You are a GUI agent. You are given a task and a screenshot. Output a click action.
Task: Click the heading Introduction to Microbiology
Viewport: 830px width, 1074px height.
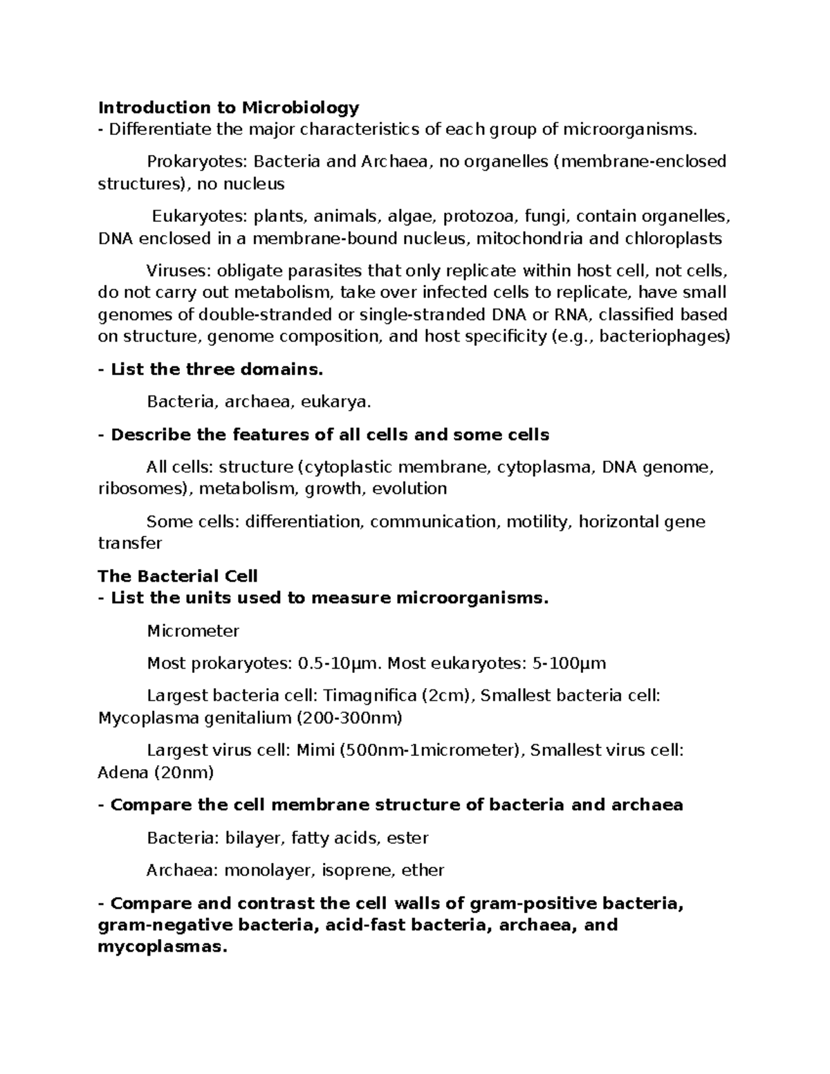(x=228, y=107)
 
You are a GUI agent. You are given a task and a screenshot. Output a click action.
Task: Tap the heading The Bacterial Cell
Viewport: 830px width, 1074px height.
(x=178, y=576)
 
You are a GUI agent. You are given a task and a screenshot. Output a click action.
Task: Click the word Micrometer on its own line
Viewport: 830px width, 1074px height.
(x=193, y=631)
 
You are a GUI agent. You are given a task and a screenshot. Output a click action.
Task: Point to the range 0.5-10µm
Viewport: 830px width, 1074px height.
(x=339, y=664)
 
